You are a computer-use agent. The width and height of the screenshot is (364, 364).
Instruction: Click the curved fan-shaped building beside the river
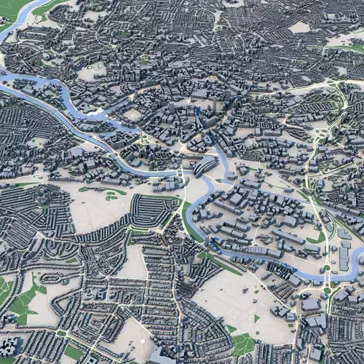point(205,166)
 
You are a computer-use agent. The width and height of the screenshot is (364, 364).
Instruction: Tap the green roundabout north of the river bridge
point(327,267)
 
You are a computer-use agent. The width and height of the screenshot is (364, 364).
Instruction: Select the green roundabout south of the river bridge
point(327,290)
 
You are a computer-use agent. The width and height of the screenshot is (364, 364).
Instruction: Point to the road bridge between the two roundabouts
point(327,278)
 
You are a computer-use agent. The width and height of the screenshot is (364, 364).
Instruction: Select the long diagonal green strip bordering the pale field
point(218,262)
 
